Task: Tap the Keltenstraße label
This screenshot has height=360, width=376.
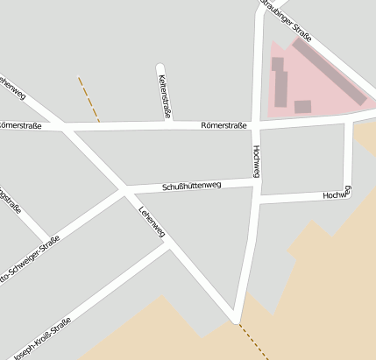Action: pos(164,96)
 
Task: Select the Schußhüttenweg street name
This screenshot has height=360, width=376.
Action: pos(192,186)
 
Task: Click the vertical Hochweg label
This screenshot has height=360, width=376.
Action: pos(256,161)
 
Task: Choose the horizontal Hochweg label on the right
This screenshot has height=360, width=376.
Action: pos(337,194)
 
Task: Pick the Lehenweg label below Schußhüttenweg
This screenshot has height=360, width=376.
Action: pos(152,222)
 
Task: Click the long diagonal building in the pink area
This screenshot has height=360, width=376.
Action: pos(330,71)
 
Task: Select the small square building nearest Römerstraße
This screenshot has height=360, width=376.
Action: pos(302,107)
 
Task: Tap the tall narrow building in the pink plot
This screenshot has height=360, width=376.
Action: pos(281,88)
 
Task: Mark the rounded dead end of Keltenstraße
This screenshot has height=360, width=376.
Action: pos(160,67)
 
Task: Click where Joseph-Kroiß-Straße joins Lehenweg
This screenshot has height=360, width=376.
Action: pos(170,244)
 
